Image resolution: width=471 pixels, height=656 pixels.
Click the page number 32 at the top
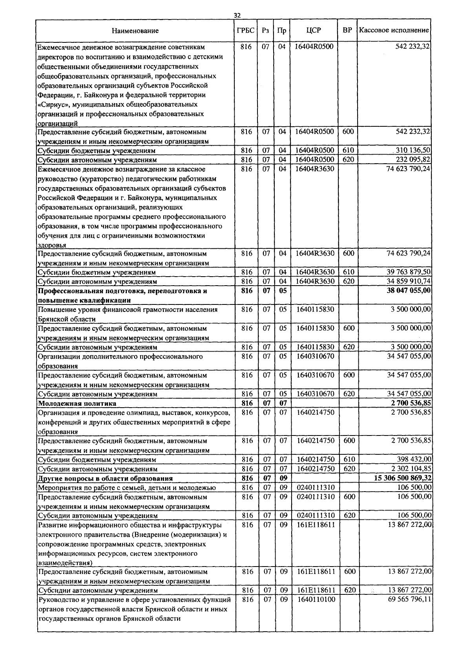tap(237, 15)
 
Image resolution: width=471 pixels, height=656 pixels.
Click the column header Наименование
tap(135, 31)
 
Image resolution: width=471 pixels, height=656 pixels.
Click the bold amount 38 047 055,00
tap(409, 291)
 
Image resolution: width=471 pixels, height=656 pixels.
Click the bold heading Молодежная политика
tap(77, 403)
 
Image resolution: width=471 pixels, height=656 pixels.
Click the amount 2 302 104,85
tap(411, 468)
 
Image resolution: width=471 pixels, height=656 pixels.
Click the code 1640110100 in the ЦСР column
tap(316, 600)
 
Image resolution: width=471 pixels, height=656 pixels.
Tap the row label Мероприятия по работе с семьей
tap(126, 488)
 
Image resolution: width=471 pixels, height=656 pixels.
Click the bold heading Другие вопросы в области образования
tap(105, 478)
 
